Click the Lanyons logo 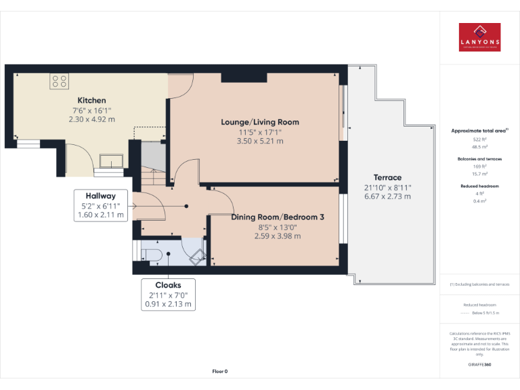tap(479, 37)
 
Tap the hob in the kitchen tap(59, 81)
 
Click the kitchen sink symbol tap(110, 160)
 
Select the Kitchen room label tap(91, 101)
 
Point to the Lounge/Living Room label tap(260, 122)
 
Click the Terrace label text tap(387, 177)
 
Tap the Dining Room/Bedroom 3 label tap(278, 217)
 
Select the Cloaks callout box tap(168, 295)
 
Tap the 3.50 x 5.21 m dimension tap(260, 142)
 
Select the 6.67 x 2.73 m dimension tap(387, 196)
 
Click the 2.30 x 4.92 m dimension tap(91, 119)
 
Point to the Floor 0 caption tap(220, 371)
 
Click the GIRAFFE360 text tap(479, 364)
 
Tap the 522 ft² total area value tap(479, 139)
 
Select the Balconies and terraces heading tap(479, 158)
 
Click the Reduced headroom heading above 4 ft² tap(479, 186)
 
